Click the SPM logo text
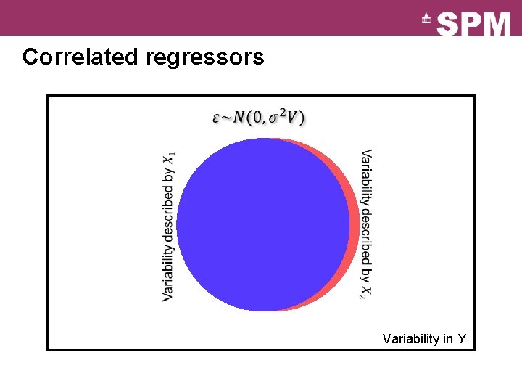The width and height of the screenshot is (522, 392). click(x=474, y=24)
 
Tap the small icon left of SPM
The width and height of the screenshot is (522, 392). click(x=427, y=20)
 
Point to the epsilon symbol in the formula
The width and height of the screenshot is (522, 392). click(x=216, y=118)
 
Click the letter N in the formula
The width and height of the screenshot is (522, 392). click(x=240, y=118)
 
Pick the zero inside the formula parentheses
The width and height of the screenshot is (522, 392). click(x=260, y=118)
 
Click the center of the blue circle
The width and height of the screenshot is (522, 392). click(x=263, y=224)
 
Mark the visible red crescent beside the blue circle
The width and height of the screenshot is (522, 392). click(x=354, y=225)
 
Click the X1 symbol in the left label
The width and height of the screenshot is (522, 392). click(x=168, y=158)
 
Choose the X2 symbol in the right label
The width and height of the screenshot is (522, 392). click(x=367, y=290)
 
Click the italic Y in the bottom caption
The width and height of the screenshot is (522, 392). click(x=462, y=339)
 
